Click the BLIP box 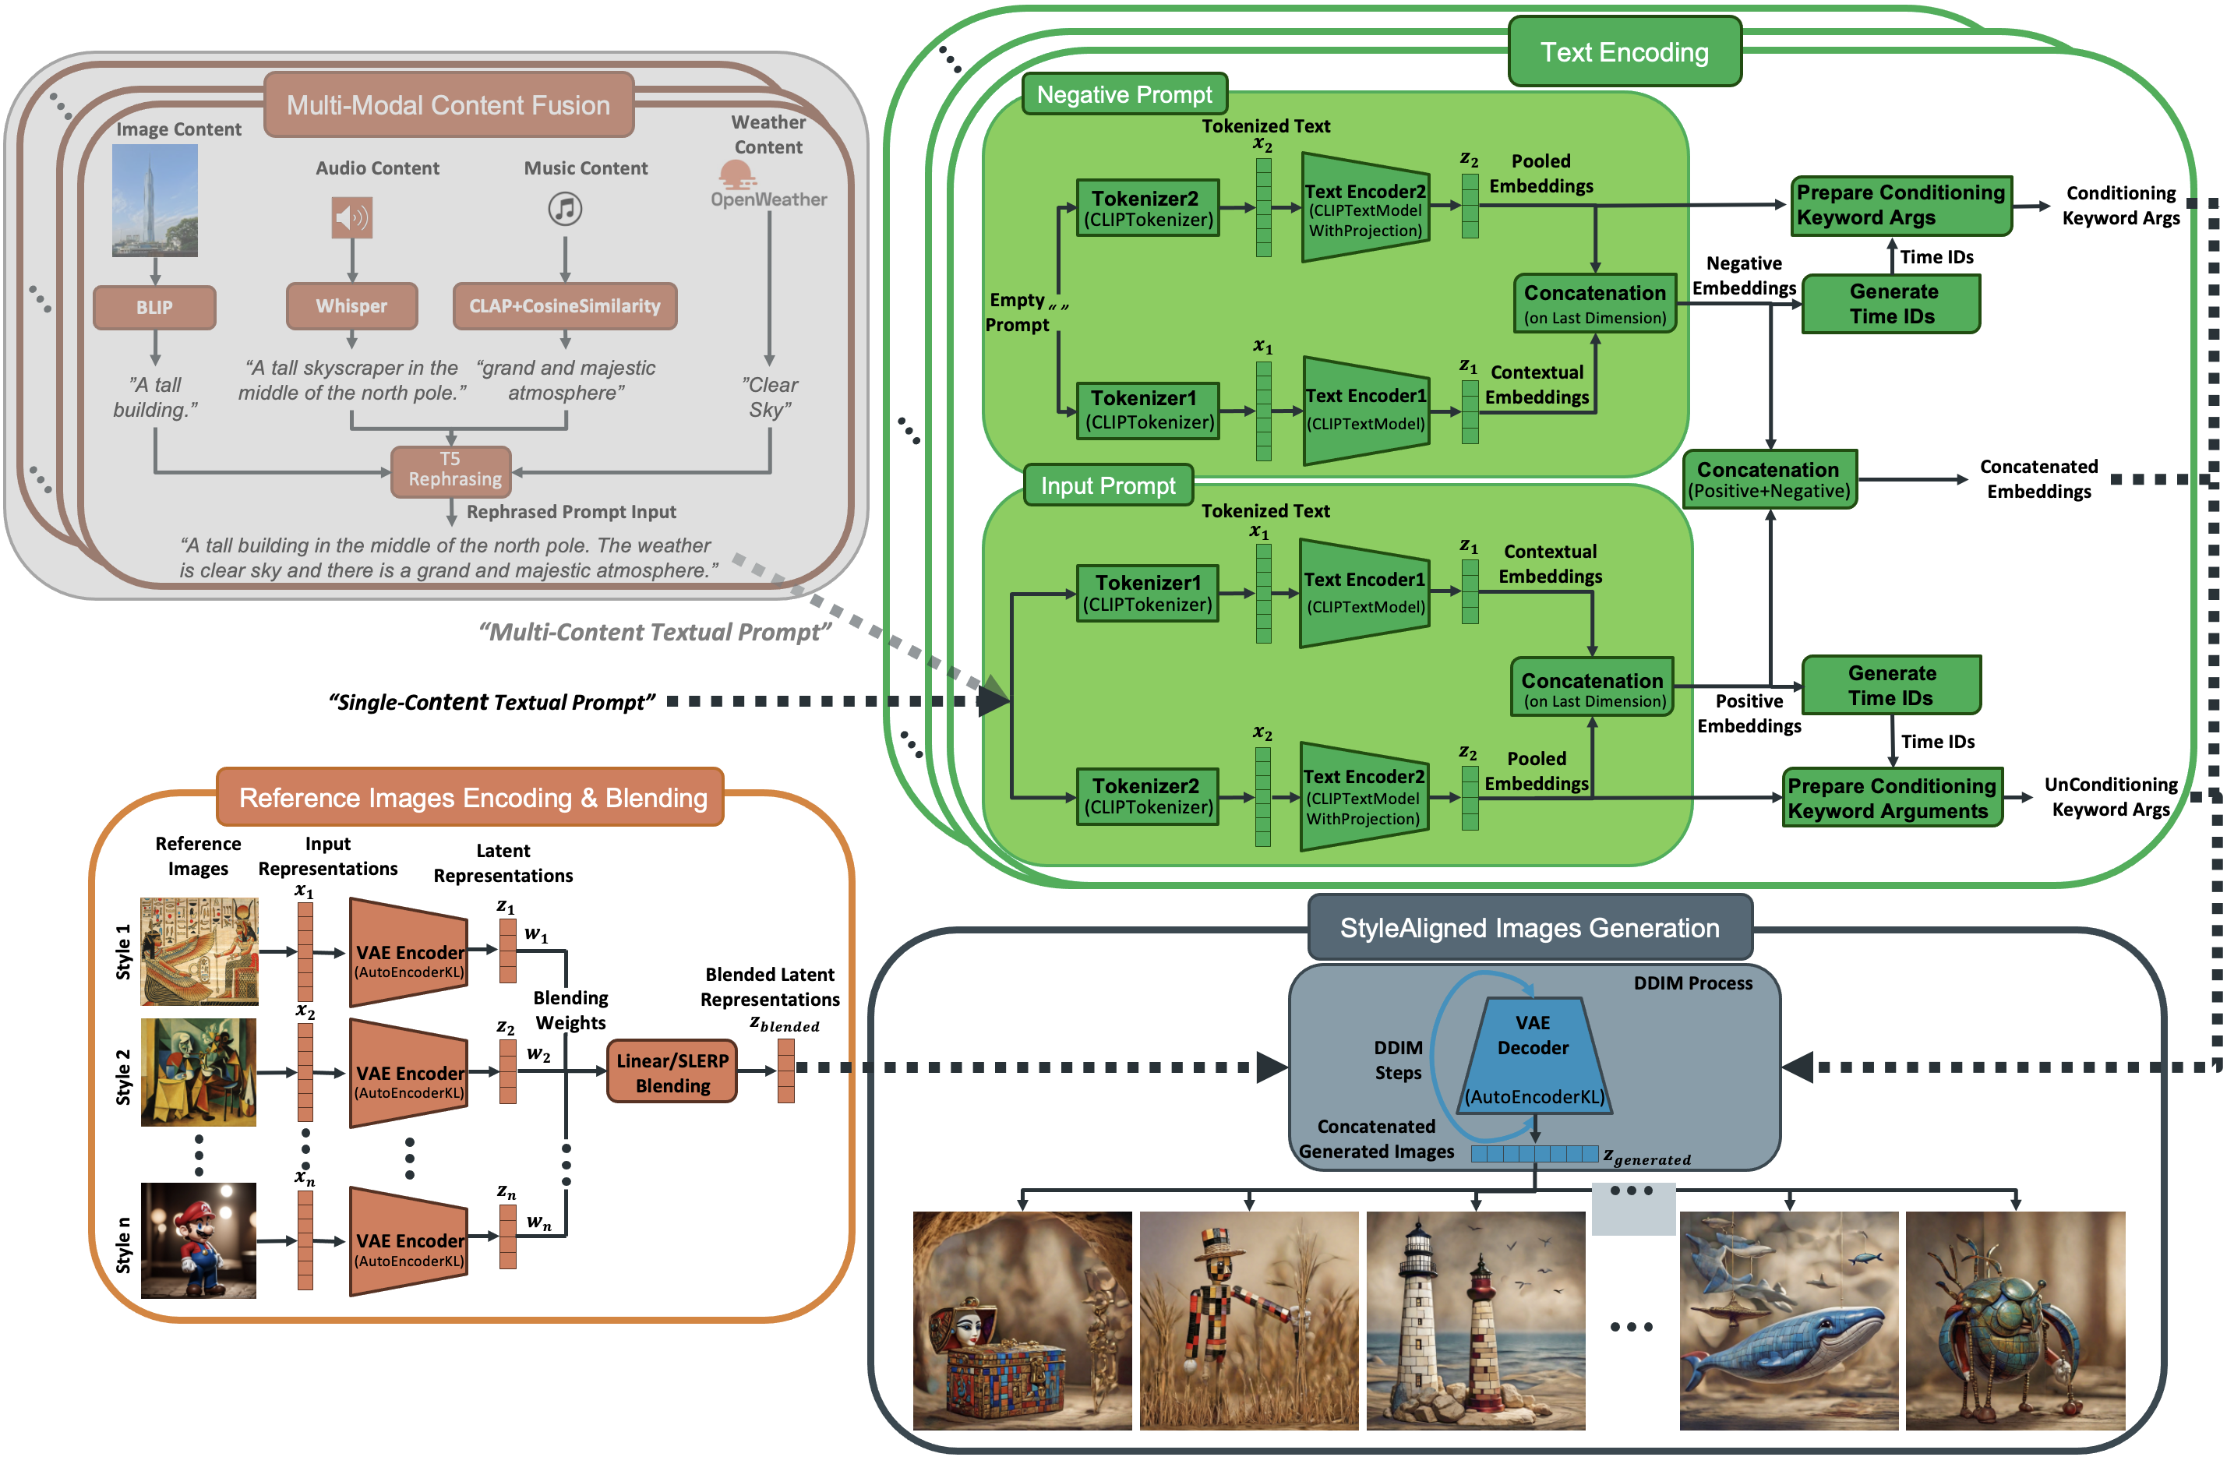(x=154, y=308)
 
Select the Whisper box (x=352, y=306)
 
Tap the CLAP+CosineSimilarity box (x=564, y=306)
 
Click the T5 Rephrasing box (x=452, y=470)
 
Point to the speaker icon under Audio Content (x=352, y=218)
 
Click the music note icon (x=564, y=208)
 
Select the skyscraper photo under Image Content (x=155, y=200)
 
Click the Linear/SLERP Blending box (x=672, y=1072)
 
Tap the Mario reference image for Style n (x=199, y=1240)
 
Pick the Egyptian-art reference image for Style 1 (x=199, y=951)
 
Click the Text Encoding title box (x=1625, y=52)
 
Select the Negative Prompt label (x=1124, y=94)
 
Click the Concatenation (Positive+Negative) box (x=1769, y=479)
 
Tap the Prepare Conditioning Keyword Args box (x=1901, y=205)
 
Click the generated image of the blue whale (x=1788, y=1321)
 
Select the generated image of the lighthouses (x=1476, y=1321)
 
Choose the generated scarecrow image (x=1248, y=1321)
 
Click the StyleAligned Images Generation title (x=1529, y=927)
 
